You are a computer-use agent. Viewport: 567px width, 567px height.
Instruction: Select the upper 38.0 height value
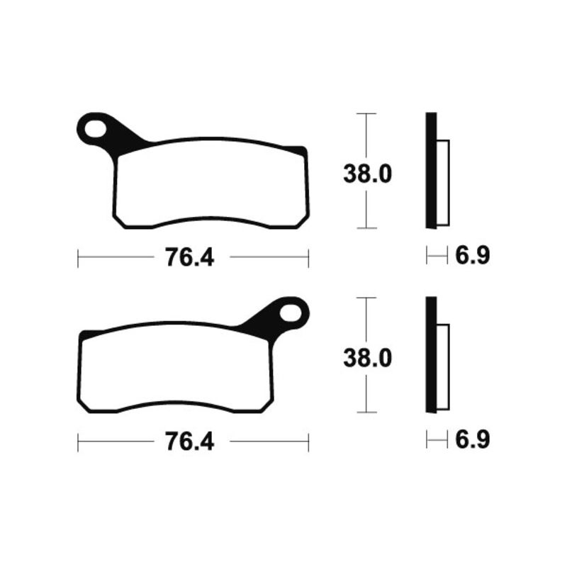(367, 174)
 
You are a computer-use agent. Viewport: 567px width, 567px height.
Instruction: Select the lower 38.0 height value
(367, 359)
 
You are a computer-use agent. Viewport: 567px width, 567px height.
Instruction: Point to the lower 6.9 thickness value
(471, 440)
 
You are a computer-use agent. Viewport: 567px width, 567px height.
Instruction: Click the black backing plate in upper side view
(431, 171)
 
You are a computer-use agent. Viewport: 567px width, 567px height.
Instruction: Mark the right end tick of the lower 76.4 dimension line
(309, 443)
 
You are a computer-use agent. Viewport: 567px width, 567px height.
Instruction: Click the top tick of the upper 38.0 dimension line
(365, 113)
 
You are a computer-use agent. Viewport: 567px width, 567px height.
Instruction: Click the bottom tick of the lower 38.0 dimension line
(365, 412)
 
